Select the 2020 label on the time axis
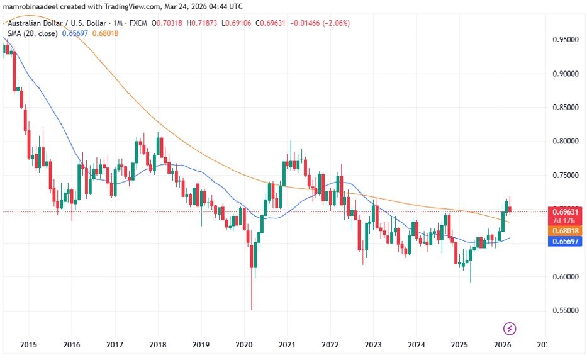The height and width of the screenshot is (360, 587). [243, 345]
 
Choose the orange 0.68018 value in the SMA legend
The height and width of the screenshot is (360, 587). [104, 34]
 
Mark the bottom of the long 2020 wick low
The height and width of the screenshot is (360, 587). [252, 309]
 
